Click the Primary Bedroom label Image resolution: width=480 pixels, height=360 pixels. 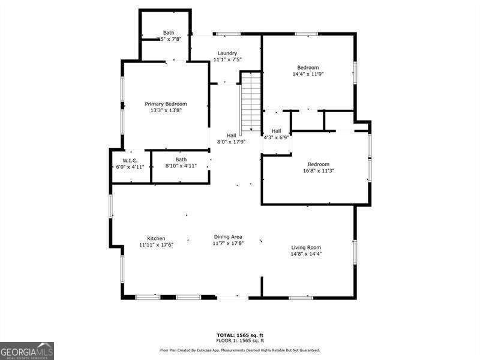coord(166,104)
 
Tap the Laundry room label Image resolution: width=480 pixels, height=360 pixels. coord(227,53)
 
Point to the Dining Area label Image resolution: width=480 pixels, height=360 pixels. coord(228,237)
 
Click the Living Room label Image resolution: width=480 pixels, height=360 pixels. coord(306,247)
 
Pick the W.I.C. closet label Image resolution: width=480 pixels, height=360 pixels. coord(130,160)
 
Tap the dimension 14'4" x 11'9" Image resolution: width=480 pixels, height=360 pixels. coord(308,74)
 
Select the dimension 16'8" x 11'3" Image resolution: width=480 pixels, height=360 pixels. coord(319,171)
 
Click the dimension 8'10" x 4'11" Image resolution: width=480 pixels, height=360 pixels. coord(181,166)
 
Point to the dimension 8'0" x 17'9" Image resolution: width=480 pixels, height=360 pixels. coord(231,142)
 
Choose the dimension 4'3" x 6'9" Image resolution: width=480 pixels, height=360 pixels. coord(276,137)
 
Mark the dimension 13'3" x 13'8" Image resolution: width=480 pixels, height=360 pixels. coord(166,110)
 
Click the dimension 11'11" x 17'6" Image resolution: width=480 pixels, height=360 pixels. coord(156,245)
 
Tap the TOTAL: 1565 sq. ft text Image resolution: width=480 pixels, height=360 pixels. coord(240,335)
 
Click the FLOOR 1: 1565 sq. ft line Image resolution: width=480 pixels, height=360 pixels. coord(240,340)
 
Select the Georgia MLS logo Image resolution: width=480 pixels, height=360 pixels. coord(27,350)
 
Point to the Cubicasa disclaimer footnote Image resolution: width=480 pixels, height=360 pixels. coord(239,350)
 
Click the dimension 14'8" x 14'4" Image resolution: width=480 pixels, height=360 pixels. coord(306,254)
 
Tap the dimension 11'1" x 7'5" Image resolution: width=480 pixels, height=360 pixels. coord(227,59)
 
